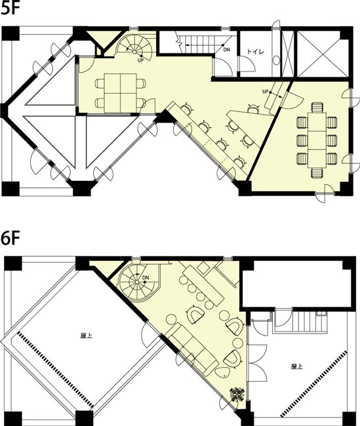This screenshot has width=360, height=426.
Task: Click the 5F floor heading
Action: click(x=10, y=9)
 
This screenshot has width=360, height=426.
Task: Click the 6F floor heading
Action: click(x=11, y=239)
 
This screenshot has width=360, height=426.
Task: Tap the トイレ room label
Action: click(x=255, y=51)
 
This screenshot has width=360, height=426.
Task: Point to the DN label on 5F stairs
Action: click(x=226, y=50)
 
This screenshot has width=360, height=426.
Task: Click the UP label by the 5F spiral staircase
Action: click(x=140, y=60)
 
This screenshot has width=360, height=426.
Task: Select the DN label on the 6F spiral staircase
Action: click(x=146, y=277)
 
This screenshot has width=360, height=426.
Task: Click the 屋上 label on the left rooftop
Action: click(x=87, y=336)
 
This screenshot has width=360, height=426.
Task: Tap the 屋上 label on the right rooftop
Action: click(x=297, y=366)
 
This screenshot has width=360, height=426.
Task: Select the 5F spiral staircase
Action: click(x=136, y=46)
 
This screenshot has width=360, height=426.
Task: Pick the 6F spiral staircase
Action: click(x=138, y=281)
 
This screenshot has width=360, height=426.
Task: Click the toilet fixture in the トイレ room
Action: click(x=276, y=60)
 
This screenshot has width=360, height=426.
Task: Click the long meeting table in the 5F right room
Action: click(x=317, y=140)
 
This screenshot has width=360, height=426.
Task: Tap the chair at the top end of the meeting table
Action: click(x=317, y=107)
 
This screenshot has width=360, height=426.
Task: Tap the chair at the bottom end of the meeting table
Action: click(x=317, y=173)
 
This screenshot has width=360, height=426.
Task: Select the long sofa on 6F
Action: click(x=193, y=345)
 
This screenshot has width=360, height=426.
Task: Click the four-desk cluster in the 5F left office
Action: click(x=121, y=92)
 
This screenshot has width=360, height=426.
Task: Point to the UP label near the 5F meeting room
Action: click(x=266, y=91)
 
